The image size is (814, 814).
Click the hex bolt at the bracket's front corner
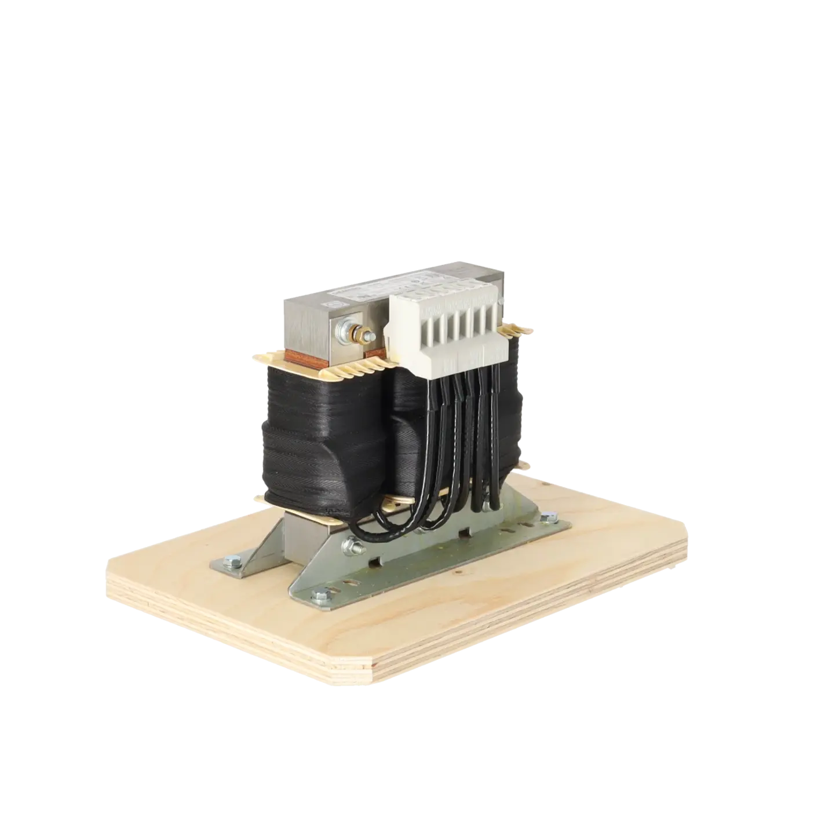coord(318,593)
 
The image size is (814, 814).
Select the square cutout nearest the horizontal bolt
coord(378,561)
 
